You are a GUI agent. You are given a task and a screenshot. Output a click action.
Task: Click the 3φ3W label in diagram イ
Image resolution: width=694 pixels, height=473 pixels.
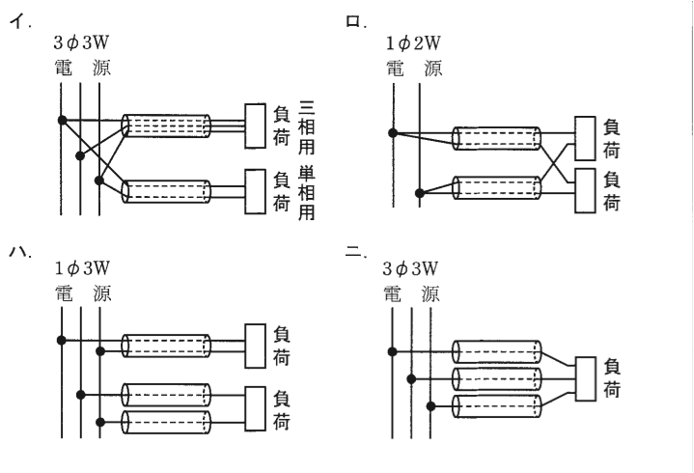(81, 42)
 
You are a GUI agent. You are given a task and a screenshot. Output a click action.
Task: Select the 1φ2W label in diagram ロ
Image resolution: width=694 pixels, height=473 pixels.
(413, 42)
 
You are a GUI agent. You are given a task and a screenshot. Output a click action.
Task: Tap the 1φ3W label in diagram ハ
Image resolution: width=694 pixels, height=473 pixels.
(82, 267)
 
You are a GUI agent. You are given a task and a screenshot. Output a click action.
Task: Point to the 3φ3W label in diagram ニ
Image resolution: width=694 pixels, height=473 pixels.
(410, 268)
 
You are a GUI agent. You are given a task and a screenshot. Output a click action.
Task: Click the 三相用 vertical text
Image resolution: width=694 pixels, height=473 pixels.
(307, 127)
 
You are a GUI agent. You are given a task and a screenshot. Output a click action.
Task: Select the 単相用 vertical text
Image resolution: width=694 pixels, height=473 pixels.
(307, 193)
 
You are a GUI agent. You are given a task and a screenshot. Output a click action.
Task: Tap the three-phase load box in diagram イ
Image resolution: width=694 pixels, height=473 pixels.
(256, 125)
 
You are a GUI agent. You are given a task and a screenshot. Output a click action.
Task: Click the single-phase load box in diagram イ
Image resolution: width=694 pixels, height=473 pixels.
(256, 191)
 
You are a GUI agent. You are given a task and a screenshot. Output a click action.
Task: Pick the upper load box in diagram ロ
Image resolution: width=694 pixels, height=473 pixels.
(585, 138)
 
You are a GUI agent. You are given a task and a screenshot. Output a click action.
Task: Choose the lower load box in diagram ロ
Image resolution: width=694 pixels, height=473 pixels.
(585, 191)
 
